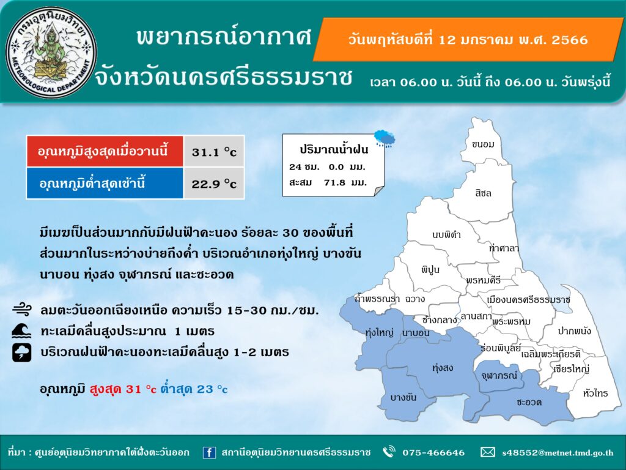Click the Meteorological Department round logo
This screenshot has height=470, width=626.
[x=51, y=52]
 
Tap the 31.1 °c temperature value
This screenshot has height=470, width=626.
[x=214, y=152]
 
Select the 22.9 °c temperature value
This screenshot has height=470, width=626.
[x=214, y=184]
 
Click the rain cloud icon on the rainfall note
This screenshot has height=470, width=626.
[x=385, y=138]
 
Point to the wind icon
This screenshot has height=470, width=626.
[x=21, y=310]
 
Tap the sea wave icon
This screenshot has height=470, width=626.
[x=21, y=331]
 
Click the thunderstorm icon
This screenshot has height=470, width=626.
[x=21, y=352]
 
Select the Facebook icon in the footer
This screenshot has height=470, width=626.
[x=209, y=453]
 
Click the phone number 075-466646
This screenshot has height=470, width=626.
[x=433, y=453]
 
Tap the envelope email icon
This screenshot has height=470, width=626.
[x=487, y=452]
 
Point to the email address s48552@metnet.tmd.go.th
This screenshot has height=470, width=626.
[x=558, y=453]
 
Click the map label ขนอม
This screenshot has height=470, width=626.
[x=483, y=144]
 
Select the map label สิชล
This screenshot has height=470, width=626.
[x=484, y=193]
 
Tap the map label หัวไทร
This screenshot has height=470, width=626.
[x=595, y=394]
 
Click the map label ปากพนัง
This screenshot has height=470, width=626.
[x=575, y=330]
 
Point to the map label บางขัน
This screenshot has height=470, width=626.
[x=403, y=397]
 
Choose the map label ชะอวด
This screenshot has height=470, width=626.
[x=529, y=402]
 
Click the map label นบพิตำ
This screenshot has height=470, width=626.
[x=446, y=234]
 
